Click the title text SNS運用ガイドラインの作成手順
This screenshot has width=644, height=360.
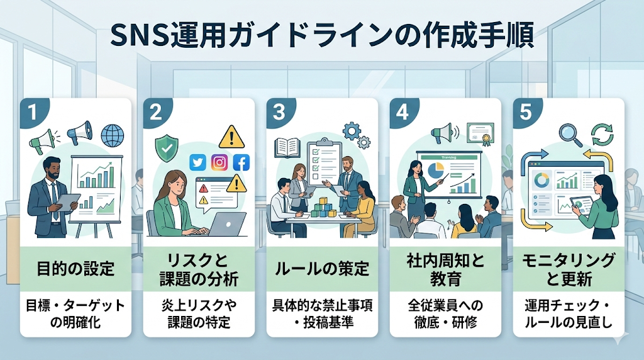(x=322, y=36)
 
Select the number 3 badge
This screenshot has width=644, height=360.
(x=280, y=111)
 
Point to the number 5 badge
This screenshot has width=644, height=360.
(x=526, y=111)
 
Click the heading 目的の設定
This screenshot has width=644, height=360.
(x=75, y=269)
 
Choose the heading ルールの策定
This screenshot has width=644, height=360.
(x=322, y=269)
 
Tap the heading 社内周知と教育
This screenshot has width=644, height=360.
(x=445, y=269)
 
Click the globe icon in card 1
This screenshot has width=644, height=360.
(x=113, y=135)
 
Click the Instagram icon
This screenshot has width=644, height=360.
(x=219, y=163)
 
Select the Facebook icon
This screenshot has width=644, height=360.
(x=241, y=163)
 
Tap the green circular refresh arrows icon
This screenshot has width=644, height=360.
(x=601, y=133)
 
